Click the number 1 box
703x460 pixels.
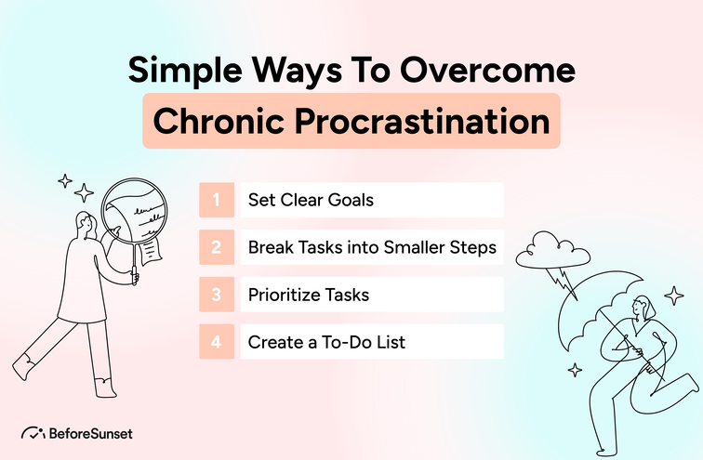[x=216, y=200]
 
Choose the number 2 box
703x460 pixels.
[x=216, y=247]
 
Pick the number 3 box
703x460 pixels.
[x=216, y=295]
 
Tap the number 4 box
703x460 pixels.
[x=216, y=342]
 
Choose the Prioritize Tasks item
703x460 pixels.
[x=308, y=295]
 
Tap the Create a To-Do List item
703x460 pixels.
[x=326, y=342]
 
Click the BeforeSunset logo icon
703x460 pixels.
[x=32, y=433]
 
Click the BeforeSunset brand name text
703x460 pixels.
[x=89, y=433]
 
